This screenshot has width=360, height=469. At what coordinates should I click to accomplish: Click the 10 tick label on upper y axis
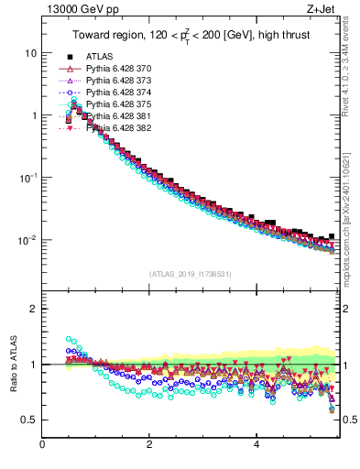(x=30, y=53)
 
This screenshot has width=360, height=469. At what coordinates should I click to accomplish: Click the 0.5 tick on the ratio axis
(x=29, y=420)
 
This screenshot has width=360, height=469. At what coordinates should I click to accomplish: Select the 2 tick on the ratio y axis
(x=33, y=309)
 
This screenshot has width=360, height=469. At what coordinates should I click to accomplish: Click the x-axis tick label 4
(x=256, y=445)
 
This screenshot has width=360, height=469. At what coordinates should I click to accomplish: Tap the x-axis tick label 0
(x=42, y=445)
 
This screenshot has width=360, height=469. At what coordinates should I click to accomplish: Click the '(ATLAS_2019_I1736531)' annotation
(x=190, y=274)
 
